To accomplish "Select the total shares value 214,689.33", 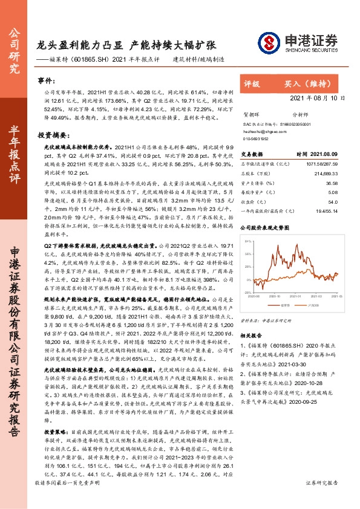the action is pos(322,173).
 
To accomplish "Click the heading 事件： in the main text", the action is pos(53,80).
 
